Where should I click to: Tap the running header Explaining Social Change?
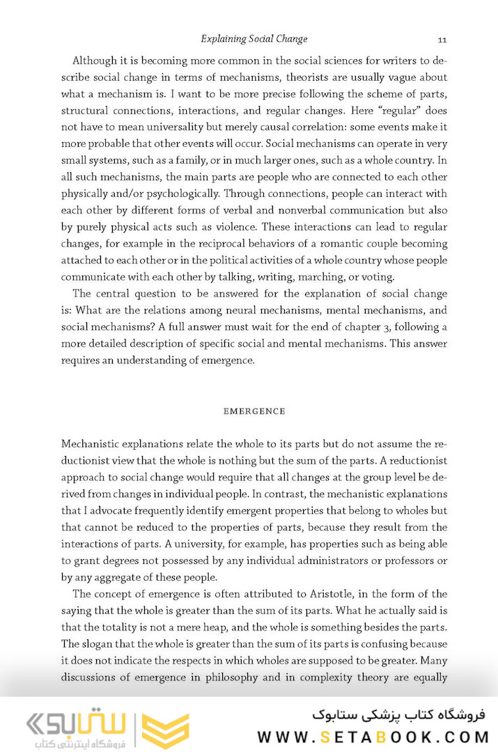tap(254, 39)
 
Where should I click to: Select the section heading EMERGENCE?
tap(254, 412)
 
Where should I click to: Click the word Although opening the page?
tap(98, 60)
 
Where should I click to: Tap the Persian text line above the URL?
tap(399, 714)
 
